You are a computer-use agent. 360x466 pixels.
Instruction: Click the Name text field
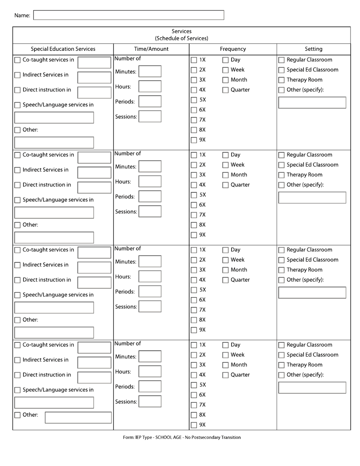pos(129,15)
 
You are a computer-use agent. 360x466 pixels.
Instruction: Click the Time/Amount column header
pos(151,49)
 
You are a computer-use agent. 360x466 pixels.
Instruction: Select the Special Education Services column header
pos(63,49)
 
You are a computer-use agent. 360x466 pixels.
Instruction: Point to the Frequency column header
pos(233,49)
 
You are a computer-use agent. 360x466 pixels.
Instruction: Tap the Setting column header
pos(313,49)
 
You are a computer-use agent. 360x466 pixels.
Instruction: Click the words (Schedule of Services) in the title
pos(182,38)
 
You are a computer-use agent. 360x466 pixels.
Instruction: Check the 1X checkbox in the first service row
pos(194,60)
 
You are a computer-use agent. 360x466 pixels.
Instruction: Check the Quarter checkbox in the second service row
pos(225,185)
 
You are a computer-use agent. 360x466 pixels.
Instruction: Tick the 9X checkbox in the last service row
pos(194,425)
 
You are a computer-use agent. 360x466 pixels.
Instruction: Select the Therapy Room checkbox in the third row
pos(282,270)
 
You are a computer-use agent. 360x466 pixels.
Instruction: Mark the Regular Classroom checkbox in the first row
pos(282,60)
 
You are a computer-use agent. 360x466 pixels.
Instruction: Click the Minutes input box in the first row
pos(150,71)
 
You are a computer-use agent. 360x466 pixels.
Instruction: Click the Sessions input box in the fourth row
pos(150,401)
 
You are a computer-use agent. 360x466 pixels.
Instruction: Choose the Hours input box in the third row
pos(150,277)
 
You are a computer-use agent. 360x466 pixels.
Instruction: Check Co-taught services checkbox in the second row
pos(17,155)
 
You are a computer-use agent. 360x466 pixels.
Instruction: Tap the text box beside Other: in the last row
pos(78,417)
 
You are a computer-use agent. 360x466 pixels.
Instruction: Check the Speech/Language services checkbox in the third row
pos(17,295)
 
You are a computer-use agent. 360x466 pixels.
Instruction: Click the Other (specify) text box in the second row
pos(312,197)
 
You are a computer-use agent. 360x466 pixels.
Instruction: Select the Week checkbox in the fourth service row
pos(225,355)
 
